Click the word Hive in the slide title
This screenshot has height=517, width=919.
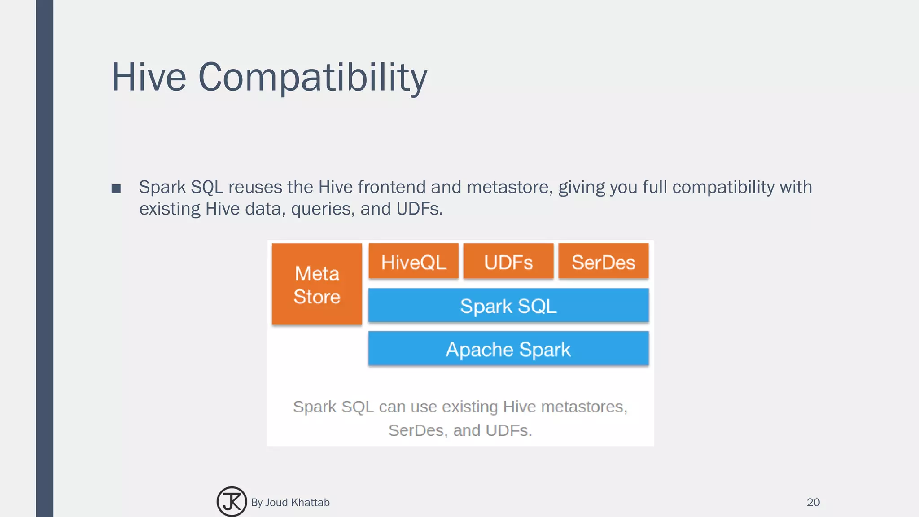coord(149,77)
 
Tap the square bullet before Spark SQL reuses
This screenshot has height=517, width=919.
coord(116,188)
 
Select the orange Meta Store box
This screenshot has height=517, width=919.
coord(317,284)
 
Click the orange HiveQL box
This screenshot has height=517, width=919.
coord(413,262)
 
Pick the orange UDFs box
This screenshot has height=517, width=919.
coord(508,262)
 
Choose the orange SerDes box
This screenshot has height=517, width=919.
coord(603,262)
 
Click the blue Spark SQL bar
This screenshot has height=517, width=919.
coord(508,306)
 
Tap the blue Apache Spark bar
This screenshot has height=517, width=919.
coord(508,349)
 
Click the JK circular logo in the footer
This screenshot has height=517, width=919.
coord(232,501)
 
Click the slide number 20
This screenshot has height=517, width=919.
coord(813,502)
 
